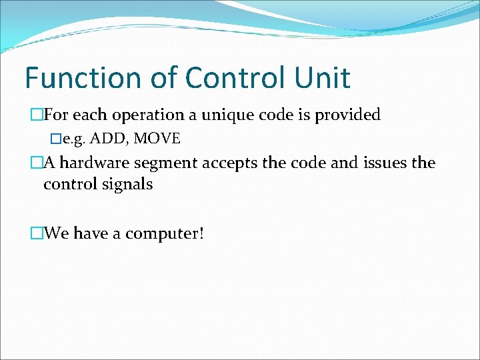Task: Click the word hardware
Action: tap(95, 163)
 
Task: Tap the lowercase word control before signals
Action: tap(69, 184)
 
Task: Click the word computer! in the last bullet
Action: tap(165, 234)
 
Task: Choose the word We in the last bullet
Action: tap(56, 233)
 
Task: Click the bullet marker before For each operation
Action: tap(37, 115)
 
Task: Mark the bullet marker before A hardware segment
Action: tap(37, 163)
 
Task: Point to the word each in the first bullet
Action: tap(86, 115)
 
